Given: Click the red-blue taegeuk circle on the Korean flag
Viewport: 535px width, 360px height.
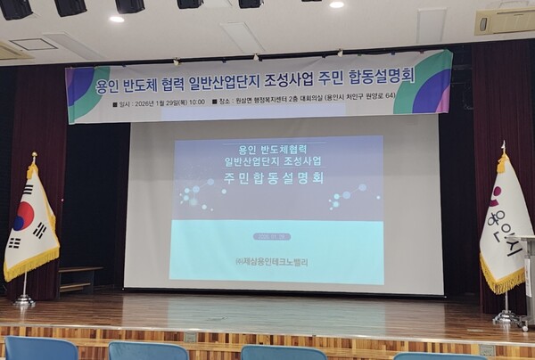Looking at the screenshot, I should tap(25, 216).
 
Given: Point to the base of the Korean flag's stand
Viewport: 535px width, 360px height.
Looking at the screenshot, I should tap(24, 303).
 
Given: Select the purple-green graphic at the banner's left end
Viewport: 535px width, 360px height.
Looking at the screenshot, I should tap(86, 92).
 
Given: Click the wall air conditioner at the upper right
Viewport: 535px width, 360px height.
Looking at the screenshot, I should tap(504, 21).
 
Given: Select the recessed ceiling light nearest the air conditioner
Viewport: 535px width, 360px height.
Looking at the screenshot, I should tap(336, 4).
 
